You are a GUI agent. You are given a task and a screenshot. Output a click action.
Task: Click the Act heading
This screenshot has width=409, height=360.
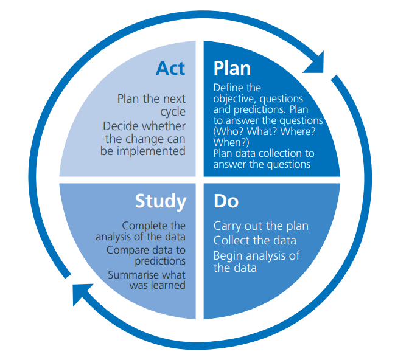170,68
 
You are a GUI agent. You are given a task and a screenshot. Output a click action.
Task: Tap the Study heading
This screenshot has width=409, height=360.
161,201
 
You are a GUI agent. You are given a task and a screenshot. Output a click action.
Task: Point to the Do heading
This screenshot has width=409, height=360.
226,201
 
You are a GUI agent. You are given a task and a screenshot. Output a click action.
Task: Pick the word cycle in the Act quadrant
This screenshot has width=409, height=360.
173,112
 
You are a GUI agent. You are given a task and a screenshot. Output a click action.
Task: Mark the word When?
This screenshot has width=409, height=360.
229,142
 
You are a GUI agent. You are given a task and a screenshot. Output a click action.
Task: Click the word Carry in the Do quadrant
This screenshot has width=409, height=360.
227,226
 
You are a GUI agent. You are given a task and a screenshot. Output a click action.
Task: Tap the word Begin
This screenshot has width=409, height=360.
228,255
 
